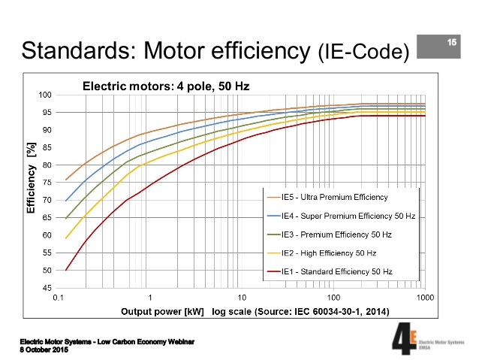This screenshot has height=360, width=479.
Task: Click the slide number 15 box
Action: pos(452,42)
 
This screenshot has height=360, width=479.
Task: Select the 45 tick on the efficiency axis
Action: pos(47,288)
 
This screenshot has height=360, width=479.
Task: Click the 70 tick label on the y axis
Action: pos(47,200)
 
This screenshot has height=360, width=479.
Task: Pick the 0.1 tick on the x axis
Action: pos(58,298)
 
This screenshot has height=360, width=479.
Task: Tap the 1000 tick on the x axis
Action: pos(424,298)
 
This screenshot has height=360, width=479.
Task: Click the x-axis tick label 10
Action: pos(242,298)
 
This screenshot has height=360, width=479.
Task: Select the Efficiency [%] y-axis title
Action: pos(32,180)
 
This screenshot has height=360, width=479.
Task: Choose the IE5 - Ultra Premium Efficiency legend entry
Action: pos(334,198)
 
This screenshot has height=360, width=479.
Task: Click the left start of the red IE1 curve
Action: pos(67,271)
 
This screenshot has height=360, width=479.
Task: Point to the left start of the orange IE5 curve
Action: pos(67,180)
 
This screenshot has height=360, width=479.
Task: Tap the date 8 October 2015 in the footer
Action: pos(44,350)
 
